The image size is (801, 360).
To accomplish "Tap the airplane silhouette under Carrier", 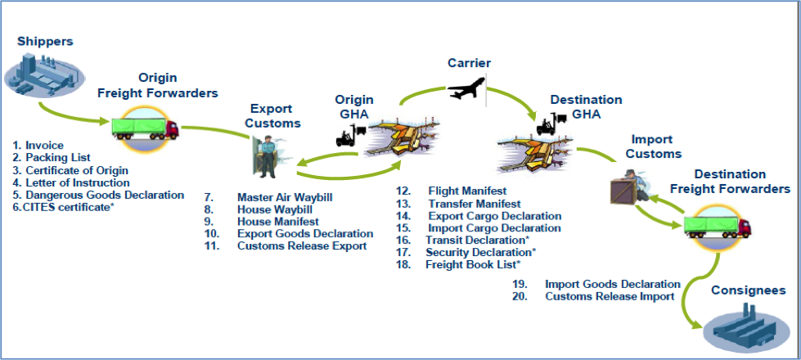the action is (466, 88).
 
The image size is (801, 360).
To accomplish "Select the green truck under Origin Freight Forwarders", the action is (145, 128).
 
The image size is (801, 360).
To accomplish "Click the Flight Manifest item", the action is (467, 191).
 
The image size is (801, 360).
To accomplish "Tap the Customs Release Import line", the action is (610, 296).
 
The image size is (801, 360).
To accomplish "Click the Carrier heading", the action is (469, 63).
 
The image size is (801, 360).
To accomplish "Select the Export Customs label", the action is (276, 116).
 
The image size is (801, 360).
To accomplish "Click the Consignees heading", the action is (749, 290).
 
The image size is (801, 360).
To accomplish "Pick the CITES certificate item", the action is (68, 207).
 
